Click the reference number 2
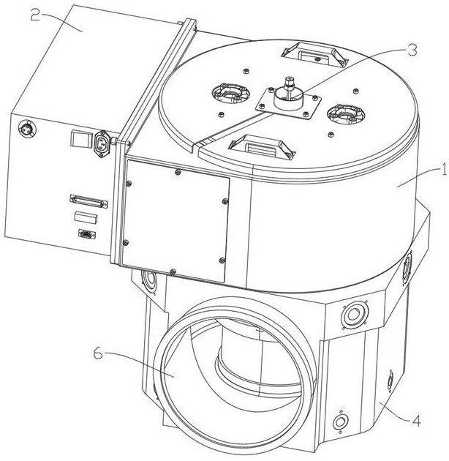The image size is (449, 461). click(35, 15)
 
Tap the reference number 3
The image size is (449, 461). click(411, 50)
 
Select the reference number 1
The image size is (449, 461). click(443, 170)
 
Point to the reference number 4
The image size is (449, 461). click(416, 421)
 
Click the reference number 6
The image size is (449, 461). click(98, 353)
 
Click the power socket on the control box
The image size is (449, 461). click(102, 143)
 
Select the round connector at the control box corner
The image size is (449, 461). click(27, 129)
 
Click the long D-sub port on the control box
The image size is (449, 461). click(88, 201)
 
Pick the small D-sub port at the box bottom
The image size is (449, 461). click(87, 234)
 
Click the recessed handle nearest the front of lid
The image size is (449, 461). click(262, 146)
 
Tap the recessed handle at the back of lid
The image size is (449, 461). click(314, 55)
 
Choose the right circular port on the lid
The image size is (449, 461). click(346, 113)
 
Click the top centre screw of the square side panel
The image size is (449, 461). click(177, 172)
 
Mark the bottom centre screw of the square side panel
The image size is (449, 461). click(173, 271)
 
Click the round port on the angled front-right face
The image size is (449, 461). click(355, 315)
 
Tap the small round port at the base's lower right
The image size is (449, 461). click(340, 422)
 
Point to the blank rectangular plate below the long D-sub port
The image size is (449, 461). click(86, 218)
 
